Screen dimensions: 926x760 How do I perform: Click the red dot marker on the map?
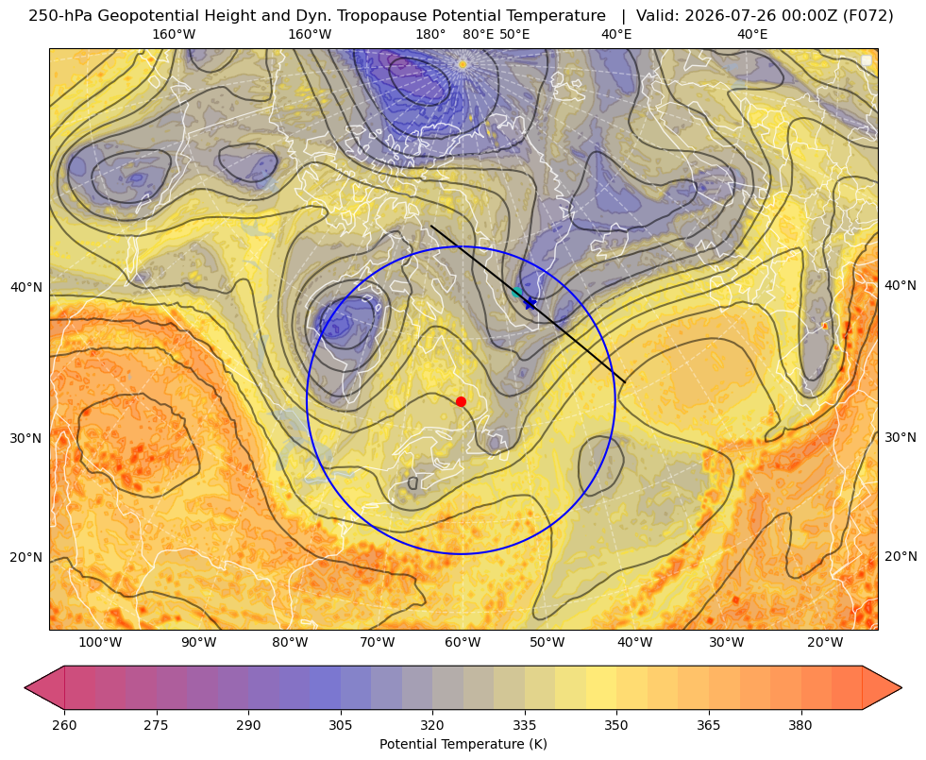[x=461, y=401]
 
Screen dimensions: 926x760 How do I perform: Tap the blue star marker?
[x=530, y=303]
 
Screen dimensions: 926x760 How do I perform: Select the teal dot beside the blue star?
[x=517, y=292]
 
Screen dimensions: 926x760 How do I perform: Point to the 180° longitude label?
[x=430, y=34]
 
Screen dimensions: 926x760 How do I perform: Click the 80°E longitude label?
[x=479, y=34]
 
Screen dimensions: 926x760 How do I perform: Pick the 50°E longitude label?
[x=514, y=34]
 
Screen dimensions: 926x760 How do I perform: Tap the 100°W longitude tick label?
[x=100, y=643]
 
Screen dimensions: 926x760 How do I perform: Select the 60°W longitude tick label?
[x=463, y=643]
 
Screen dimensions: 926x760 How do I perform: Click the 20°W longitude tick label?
[x=825, y=643]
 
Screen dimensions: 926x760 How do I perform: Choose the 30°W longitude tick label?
[x=727, y=643]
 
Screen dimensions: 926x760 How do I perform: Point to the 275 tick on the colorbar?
[x=157, y=725]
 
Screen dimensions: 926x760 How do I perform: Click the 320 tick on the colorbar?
[x=432, y=725]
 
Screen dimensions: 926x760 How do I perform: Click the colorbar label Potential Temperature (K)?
[x=463, y=744]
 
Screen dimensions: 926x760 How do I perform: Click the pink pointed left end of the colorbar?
[x=43, y=687]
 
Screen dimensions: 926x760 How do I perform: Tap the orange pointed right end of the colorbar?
[x=883, y=687]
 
